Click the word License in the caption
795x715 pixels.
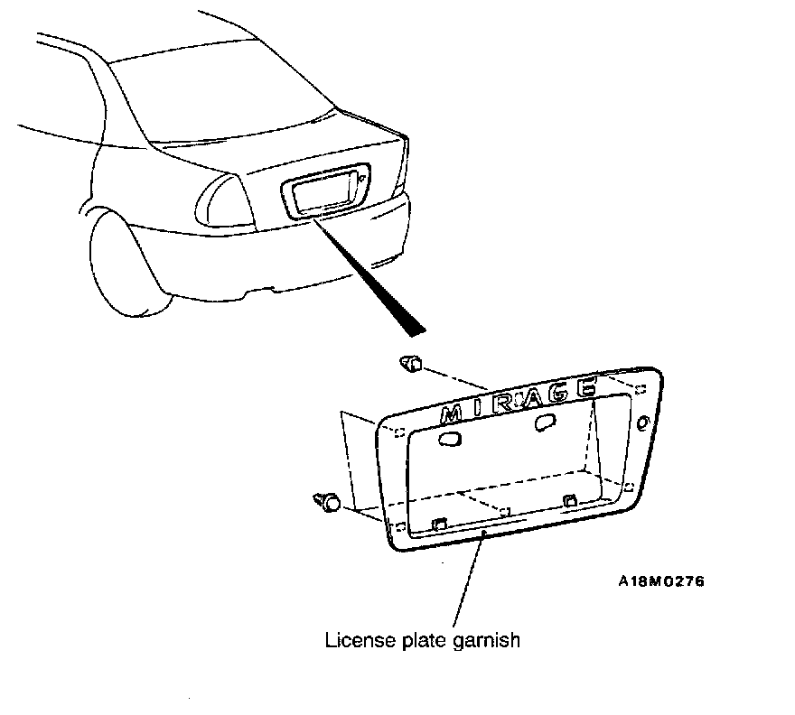[355, 641]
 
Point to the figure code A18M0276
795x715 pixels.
[660, 580]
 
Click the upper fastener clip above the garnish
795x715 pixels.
[412, 365]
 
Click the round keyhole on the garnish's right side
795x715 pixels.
[642, 423]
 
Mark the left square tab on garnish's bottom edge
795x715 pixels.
[439, 523]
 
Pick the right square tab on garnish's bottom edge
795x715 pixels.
[569, 501]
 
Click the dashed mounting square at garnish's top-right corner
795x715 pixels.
[639, 389]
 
